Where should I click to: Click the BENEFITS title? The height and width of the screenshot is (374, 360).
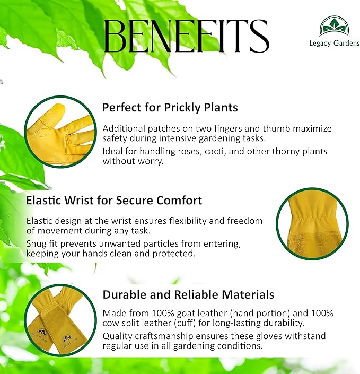pos(187,36)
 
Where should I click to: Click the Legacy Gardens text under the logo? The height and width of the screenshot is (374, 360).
pos(334,43)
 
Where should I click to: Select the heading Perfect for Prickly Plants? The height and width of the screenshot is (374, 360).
pos(170,107)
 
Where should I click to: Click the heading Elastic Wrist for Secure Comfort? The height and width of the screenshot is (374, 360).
pos(114,201)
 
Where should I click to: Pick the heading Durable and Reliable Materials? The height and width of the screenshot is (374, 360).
pos(188,294)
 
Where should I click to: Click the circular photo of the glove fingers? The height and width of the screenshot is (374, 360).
pos(60,132)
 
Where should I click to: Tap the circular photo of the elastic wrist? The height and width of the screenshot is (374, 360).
pos(312,223)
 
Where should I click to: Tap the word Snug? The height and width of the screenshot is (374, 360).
pos(38,243)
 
